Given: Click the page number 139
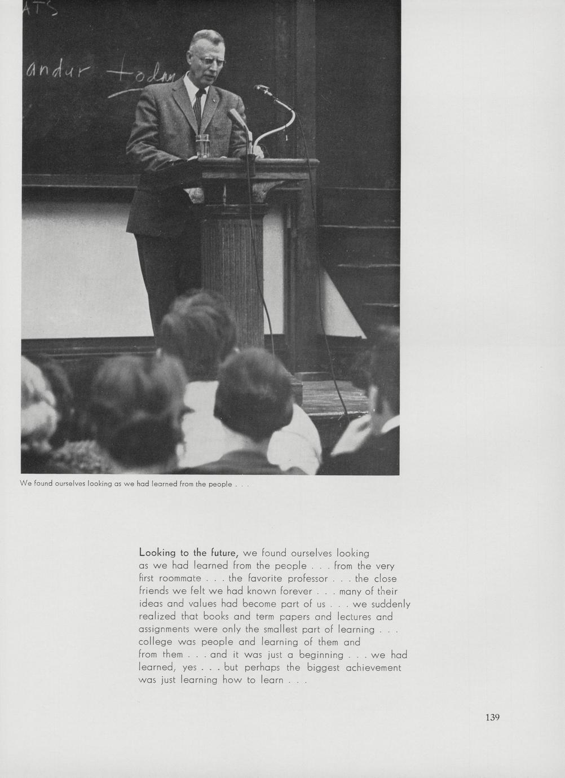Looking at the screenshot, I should [x=492, y=718].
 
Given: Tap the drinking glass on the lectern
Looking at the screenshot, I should [x=202, y=146].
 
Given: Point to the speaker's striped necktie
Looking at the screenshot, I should [x=198, y=107].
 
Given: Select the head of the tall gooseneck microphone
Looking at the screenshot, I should [x=261, y=88].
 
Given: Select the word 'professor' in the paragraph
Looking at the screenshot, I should [x=308, y=578].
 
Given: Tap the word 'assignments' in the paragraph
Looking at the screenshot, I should [x=164, y=629].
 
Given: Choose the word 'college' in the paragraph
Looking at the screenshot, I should [x=156, y=642].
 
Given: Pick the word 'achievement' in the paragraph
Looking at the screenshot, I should [x=373, y=667].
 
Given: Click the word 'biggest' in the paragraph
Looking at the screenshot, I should [x=323, y=667].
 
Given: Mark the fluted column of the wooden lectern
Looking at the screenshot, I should [x=231, y=271].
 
